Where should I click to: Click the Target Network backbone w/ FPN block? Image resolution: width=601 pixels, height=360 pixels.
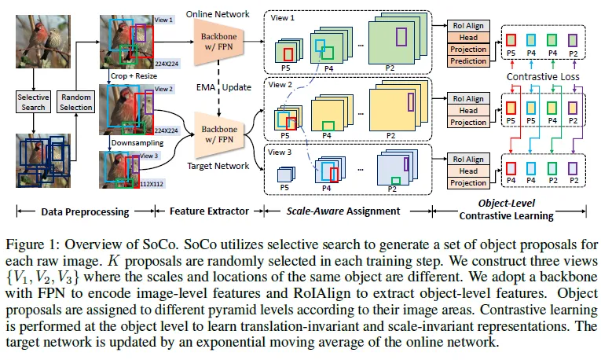(x=215, y=134)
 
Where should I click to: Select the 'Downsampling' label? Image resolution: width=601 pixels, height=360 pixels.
(x=136, y=144)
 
